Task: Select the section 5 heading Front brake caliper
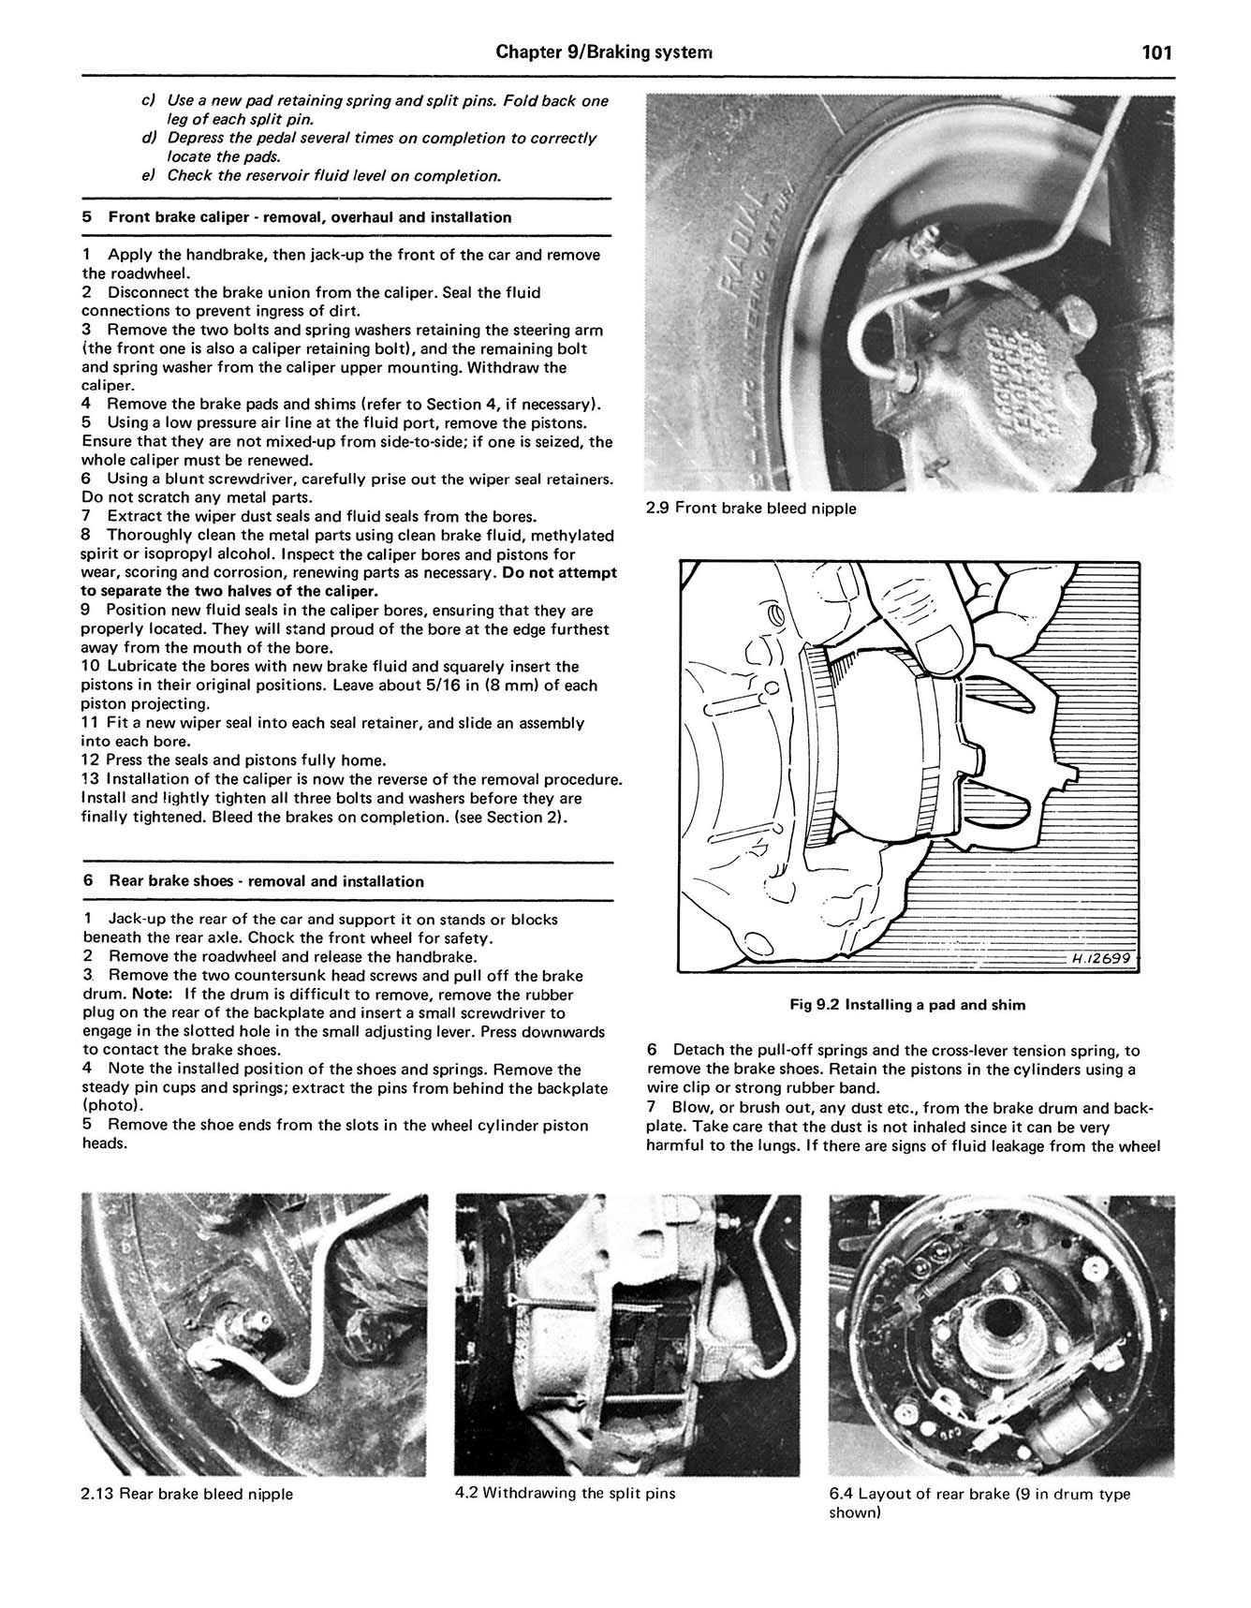(310, 217)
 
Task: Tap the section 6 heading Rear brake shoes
(266, 881)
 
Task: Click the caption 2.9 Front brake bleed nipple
(751, 509)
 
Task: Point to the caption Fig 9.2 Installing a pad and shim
(907, 1005)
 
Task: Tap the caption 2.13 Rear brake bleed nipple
(187, 1494)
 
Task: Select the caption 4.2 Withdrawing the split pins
(566, 1493)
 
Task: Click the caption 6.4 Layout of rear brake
(979, 1494)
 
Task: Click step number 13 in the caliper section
(90, 779)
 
